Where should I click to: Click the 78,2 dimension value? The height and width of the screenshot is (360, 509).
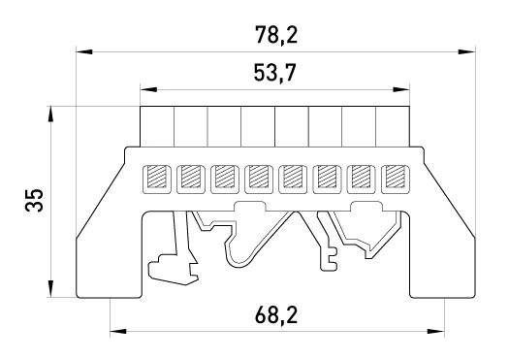(276, 35)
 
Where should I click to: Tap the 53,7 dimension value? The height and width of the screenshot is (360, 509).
(275, 73)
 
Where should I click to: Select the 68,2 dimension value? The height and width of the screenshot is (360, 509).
(276, 314)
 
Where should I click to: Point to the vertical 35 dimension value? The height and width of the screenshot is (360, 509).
(34, 200)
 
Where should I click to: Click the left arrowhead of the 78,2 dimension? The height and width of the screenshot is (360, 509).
(84, 52)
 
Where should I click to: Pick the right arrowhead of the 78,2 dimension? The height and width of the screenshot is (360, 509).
(466, 52)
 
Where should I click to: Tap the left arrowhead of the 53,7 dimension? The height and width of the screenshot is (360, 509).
(148, 89)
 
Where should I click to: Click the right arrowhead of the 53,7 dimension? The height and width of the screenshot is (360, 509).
(401, 89)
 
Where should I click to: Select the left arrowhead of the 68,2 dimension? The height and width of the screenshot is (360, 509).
(118, 332)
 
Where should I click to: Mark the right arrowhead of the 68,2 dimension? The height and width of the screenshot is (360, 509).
(436, 332)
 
